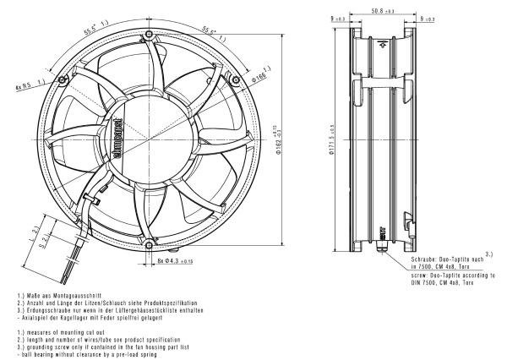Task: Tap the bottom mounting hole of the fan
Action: coord(149,244)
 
